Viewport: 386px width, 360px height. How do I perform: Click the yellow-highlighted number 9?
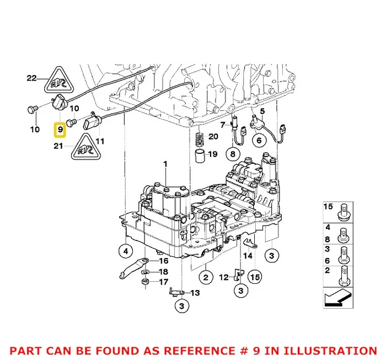[59, 130]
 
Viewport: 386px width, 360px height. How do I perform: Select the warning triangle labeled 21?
[84, 144]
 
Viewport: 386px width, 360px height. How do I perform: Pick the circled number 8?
[233, 155]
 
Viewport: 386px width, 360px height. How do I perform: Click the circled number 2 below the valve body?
[205, 277]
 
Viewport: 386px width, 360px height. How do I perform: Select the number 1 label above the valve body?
[164, 164]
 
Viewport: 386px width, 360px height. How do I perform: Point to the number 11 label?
[99, 141]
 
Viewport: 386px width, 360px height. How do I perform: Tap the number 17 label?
[164, 282]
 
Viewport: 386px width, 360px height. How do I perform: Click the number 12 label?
[223, 277]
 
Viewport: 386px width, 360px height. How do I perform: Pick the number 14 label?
[248, 256]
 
